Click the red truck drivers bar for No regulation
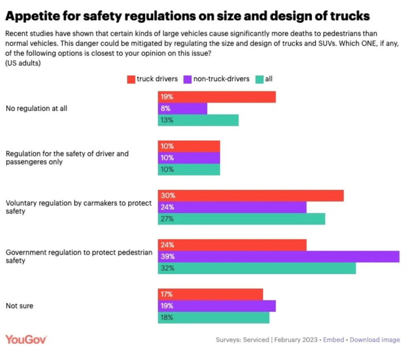tap(216, 97)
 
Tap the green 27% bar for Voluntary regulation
tap(241, 219)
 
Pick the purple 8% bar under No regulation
tap(182, 108)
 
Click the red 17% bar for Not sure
tap(210, 294)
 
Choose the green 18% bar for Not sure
tap(213, 318)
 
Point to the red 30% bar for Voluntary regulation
tap(250, 195)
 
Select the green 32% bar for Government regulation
tap(256, 268)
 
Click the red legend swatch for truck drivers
tap(131, 79)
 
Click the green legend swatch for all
tap(259, 79)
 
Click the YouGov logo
tap(26, 339)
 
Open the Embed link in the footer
tap(334, 340)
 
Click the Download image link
tap(375, 340)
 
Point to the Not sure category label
tap(19, 306)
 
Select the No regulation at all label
tap(36, 108)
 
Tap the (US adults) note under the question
tap(23, 63)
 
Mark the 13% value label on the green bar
tap(166, 120)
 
